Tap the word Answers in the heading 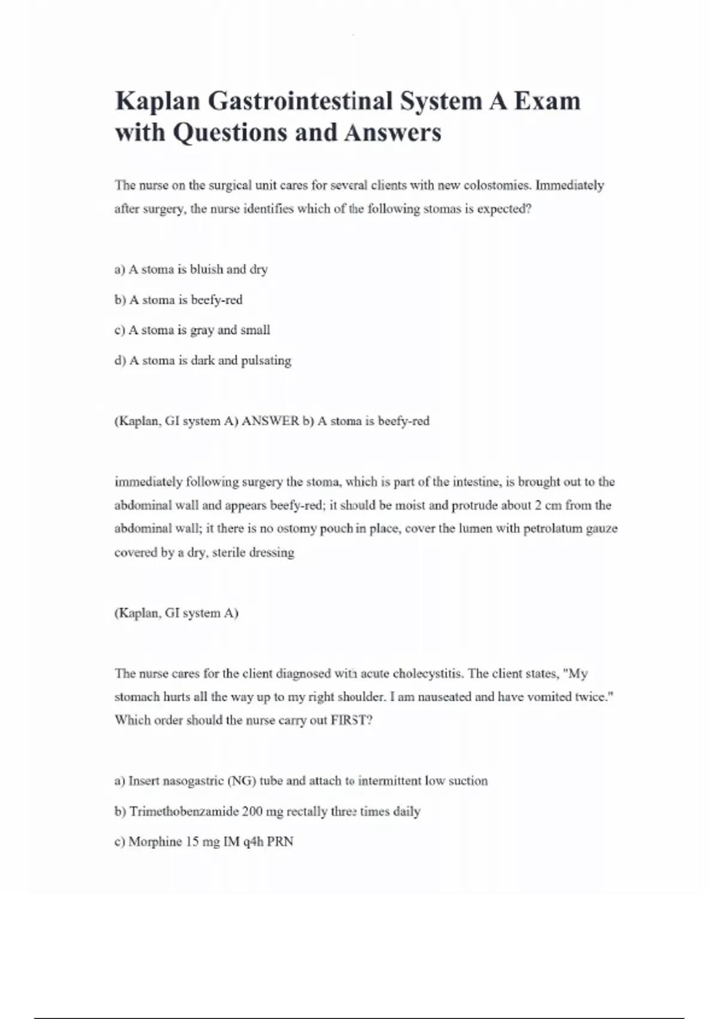pos(392,132)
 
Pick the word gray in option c pos(202,330)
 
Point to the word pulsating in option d pos(266,361)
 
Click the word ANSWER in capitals pos(270,421)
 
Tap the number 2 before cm pos(539,505)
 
